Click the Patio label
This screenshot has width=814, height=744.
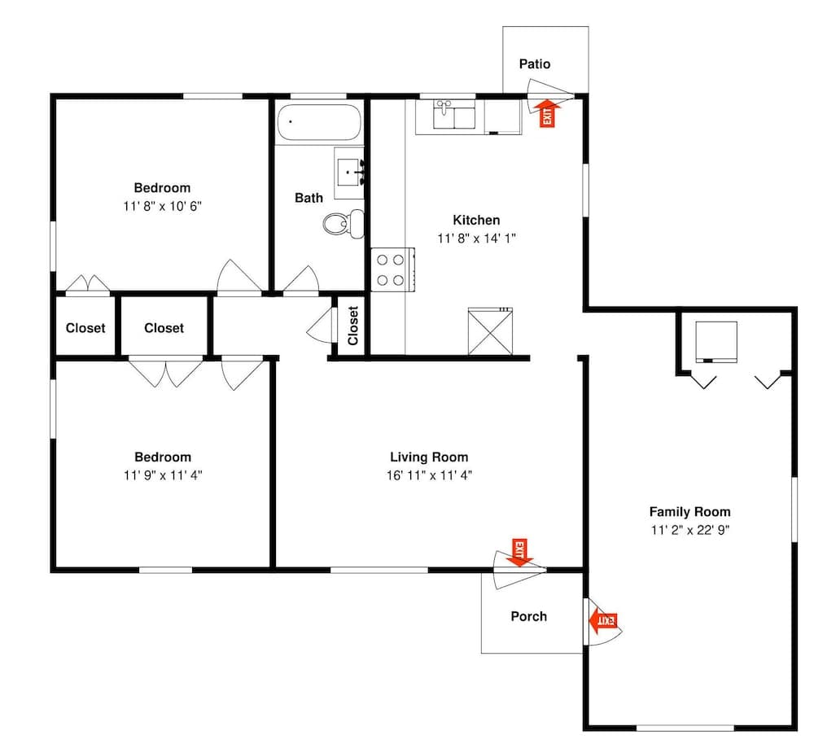(x=535, y=63)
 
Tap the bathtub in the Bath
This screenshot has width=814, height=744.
(x=319, y=123)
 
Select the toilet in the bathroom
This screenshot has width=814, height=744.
(x=344, y=224)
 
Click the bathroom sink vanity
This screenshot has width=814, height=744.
(x=349, y=173)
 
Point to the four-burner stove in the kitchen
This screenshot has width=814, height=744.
(x=392, y=269)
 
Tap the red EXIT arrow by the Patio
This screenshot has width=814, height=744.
(x=547, y=113)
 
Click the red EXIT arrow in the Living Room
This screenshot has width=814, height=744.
(x=519, y=553)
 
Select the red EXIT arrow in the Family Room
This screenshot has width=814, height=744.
(x=603, y=620)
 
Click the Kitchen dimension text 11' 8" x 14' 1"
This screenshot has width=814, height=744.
(x=476, y=239)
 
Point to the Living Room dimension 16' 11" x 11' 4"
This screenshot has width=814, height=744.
(x=429, y=475)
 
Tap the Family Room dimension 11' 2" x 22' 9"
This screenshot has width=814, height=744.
(x=690, y=530)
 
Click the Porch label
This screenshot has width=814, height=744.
(x=528, y=616)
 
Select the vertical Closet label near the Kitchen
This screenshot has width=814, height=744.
(x=353, y=326)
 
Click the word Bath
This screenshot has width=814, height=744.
(x=309, y=198)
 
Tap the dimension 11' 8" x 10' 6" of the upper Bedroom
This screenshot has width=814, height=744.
(x=162, y=206)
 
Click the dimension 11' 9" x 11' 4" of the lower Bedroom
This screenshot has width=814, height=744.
(x=163, y=475)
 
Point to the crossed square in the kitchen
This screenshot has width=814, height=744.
(x=490, y=331)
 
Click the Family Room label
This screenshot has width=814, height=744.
(x=690, y=512)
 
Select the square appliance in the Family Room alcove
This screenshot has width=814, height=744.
(x=716, y=341)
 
